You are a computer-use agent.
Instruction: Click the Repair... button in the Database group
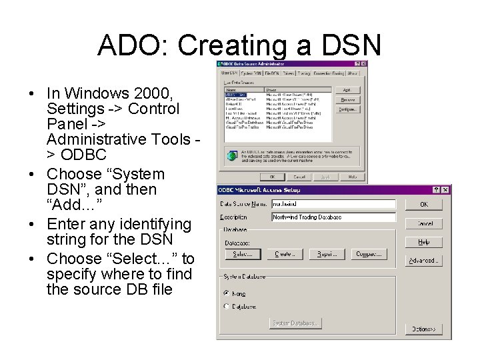(327, 254)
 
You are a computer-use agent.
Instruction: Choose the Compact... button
(369, 254)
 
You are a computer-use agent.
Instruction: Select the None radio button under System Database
(227, 293)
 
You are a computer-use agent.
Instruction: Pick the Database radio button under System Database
(227, 307)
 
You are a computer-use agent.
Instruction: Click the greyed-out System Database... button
(295, 323)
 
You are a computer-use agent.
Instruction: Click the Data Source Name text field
(333, 205)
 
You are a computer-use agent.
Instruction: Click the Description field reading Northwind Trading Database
(333, 217)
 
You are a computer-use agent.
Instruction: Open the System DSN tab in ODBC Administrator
(251, 73)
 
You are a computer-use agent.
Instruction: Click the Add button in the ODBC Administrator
(347, 89)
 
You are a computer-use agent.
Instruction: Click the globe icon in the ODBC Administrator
(231, 156)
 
